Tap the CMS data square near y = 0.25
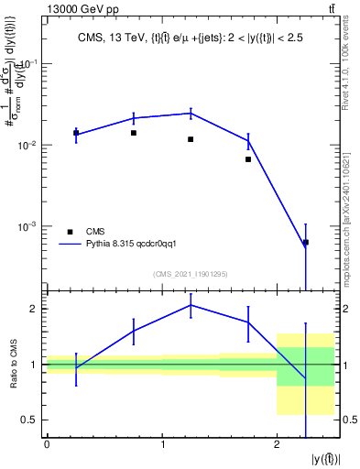(76, 133)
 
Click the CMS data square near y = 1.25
(191, 139)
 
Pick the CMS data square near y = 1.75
(248, 159)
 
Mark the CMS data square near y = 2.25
(305, 242)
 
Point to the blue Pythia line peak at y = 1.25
(191, 113)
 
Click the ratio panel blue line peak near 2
(191, 304)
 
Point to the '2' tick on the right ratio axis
(347, 309)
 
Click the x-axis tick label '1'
(162, 445)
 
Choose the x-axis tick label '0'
(47, 445)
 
